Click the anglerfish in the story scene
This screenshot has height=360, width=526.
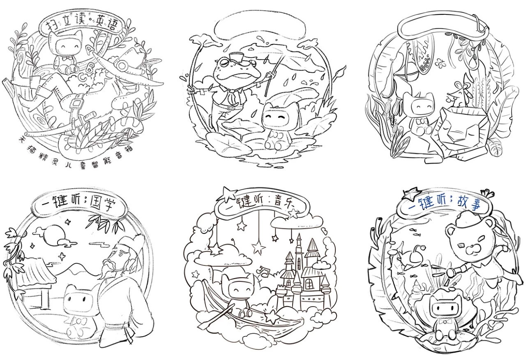(x=410, y=258)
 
